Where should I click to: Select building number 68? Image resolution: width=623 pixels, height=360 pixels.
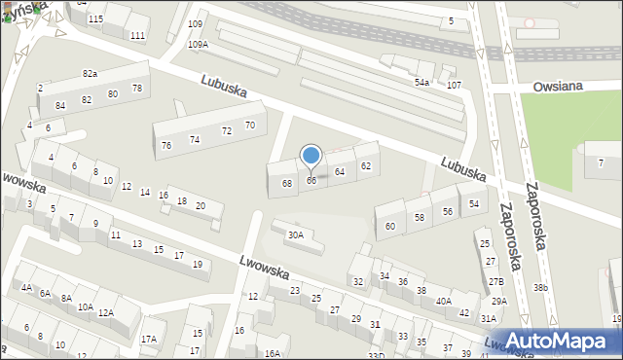tap(287, 183)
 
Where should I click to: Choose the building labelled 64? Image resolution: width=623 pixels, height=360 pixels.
tap(340, 171)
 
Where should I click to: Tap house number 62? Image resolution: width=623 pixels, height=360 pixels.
tap(366, 165)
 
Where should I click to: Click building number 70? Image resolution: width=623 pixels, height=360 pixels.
tap(250, 126)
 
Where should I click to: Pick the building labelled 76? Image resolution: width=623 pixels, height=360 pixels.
tap(166, 145)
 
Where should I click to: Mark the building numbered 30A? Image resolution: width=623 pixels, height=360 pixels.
tap(295, 234)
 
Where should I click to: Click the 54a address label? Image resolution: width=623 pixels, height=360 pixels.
tap(421, 83)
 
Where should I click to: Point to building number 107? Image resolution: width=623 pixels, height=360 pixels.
tap(454, 86)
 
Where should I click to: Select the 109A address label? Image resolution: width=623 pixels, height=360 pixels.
tap(198, 45)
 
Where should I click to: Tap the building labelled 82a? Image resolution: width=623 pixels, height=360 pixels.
tap(91, 74)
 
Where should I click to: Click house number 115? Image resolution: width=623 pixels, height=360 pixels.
tap(95, 19)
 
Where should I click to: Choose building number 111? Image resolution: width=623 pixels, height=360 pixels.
tap(138, 36)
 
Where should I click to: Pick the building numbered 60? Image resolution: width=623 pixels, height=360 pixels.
tap(390, 226)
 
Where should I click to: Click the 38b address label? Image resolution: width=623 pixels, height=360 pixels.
tap(541, 288)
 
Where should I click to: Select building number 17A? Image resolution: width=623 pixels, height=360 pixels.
tap(148, 339)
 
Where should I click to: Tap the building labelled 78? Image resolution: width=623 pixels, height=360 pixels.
tap(137, 89)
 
